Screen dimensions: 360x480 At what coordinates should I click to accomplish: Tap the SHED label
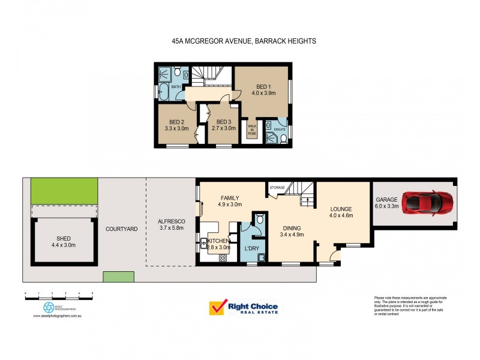tap(62, 238)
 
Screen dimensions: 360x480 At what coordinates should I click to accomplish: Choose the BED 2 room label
tap(176, 122)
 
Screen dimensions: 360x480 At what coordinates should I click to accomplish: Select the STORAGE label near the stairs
tap(277, 188)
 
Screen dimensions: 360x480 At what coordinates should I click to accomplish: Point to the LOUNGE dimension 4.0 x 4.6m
tap(341, 215)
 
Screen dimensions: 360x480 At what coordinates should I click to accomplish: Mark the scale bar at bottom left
tap(59, 293)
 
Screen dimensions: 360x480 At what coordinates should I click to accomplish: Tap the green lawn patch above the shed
tap(64, 191)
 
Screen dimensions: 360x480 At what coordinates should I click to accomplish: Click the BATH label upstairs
tap(176, 87)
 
